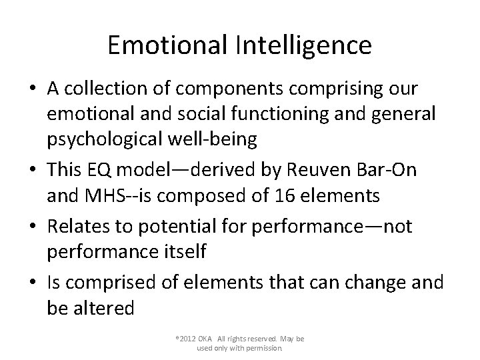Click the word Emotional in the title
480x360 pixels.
click(167, 45)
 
